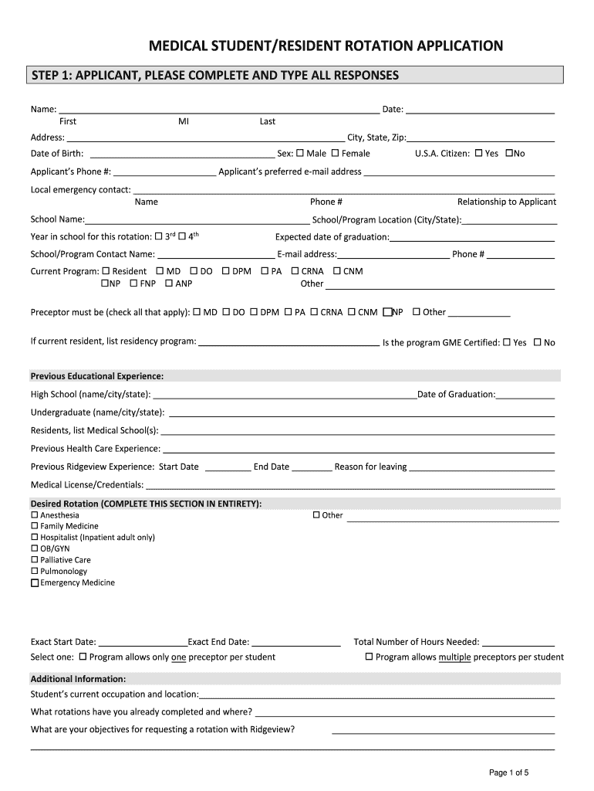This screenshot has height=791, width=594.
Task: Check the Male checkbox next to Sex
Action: [300, 153]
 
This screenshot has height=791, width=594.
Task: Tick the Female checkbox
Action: [336, 153]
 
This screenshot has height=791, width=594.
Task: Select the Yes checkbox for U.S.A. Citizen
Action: [479, 153]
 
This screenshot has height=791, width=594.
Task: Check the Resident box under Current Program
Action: [106, 271]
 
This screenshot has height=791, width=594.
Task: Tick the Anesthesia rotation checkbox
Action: [34, 515]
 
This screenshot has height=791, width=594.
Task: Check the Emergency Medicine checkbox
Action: [34, 583]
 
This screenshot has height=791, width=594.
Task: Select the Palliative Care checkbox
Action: [34, 560]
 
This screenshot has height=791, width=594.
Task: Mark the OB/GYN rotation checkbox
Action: [34, 548]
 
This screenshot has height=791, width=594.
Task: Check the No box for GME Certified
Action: [538, 342]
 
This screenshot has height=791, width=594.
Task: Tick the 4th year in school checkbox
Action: [183, 236]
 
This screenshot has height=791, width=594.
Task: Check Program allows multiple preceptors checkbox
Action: [369, 657]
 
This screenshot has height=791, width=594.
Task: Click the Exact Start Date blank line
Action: [143, 643]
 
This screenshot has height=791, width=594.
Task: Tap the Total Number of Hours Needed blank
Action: [518, 643]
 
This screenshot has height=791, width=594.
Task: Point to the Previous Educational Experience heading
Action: [97, 376]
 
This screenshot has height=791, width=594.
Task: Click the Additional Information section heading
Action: [78, 679]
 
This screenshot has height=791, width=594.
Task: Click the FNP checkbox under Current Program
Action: [133, 283]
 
